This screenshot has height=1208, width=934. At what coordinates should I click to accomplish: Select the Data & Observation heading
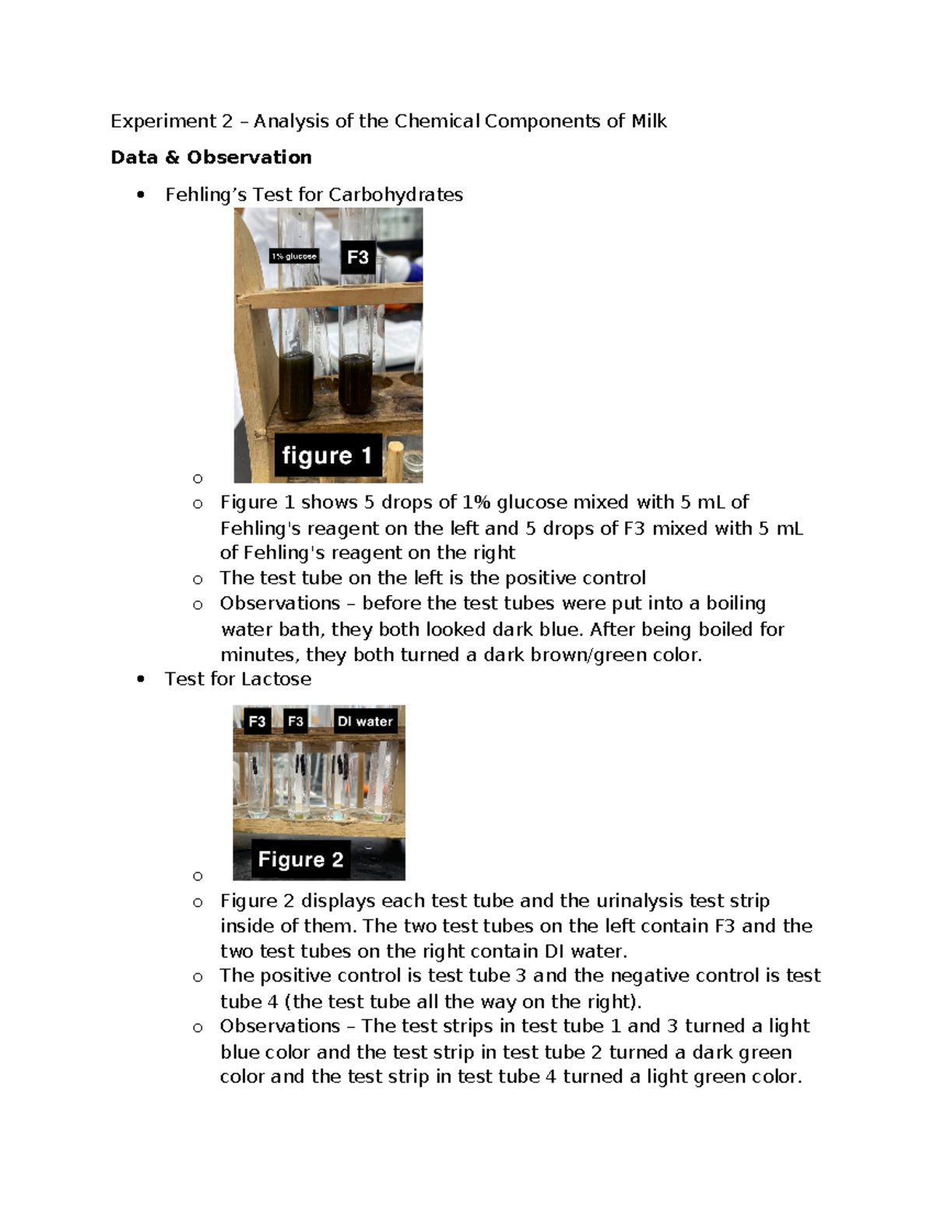point(211,158)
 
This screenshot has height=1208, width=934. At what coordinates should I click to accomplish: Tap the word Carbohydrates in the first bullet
point(395,194)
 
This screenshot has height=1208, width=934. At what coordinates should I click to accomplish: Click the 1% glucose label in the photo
point(294,256)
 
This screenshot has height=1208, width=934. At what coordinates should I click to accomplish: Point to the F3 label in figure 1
point(358,257)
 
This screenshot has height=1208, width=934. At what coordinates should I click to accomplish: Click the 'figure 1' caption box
point(328,455)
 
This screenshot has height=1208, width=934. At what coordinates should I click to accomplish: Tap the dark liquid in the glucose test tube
point(297,384)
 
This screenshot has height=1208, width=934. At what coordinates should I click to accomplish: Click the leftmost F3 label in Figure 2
point(257,721)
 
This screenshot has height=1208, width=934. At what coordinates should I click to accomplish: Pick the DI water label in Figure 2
point(365,721)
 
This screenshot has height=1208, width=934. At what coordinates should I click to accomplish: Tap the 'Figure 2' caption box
point(300,860)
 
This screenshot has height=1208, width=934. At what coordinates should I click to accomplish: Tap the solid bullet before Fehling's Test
point(140,195)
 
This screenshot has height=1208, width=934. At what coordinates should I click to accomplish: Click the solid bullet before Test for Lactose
point(140,680)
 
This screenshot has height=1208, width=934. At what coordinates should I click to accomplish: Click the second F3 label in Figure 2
point(296,721)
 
